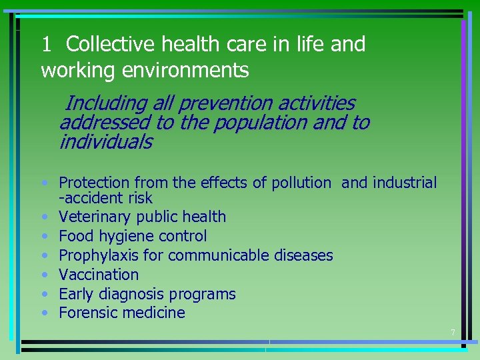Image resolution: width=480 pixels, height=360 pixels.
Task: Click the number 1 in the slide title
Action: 46,45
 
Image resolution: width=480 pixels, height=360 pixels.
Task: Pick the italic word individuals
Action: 105,142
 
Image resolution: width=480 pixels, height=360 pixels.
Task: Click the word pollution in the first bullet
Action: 301,183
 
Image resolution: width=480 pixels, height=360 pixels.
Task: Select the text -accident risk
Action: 105,198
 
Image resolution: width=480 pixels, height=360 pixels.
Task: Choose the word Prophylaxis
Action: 96,255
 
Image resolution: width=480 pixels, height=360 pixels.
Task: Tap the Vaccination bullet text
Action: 99,274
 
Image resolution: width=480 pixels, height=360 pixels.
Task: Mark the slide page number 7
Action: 453,333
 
